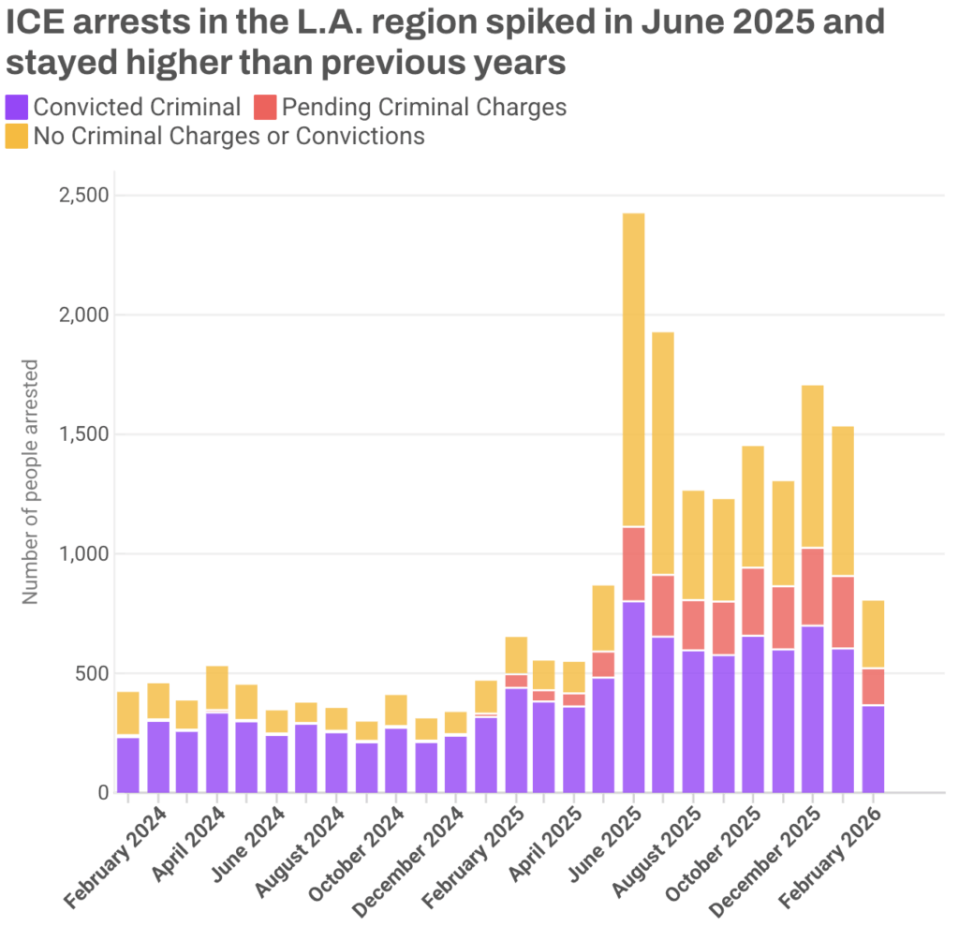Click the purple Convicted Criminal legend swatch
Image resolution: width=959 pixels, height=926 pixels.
[x=17, y=107]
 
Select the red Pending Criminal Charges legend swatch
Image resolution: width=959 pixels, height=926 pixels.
[x=264, y=107]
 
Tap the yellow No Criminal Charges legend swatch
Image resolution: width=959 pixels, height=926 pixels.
[x=17, y=136]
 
